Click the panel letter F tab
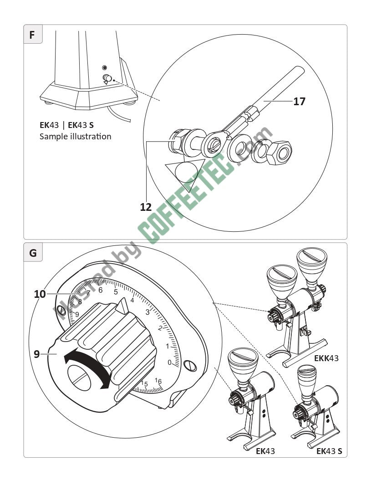pos(32,35)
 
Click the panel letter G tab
pos(33,253)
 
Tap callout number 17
pos(299,101)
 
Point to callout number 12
pos(146,207)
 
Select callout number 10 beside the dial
pos(40,294)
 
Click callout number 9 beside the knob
pos(36,353)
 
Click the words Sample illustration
pos(76,136)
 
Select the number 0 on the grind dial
pos(169,363)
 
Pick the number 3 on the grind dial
pos(147,312)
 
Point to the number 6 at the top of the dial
pos(101,290)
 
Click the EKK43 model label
pos(326,358)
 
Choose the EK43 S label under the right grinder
pos(330,451)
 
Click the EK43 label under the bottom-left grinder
pos(265,451)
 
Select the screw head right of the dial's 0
pos(190,365)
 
